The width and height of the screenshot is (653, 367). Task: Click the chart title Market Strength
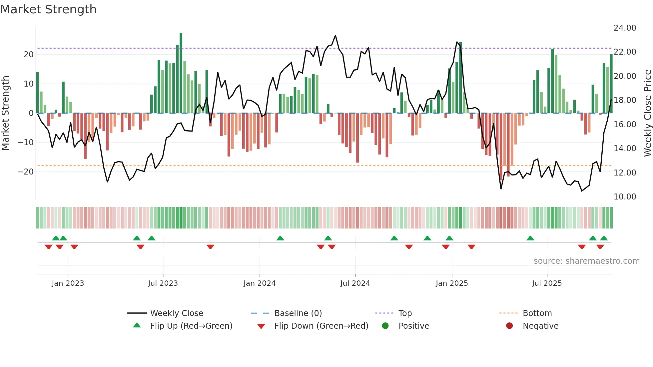pos(48,9)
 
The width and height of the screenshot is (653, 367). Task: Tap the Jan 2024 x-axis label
pos(260,283)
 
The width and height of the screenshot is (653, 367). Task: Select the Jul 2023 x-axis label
pos(163,283)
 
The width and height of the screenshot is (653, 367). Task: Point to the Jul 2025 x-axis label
pos(547,283)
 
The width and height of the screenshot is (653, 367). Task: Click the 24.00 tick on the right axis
pos(625,28)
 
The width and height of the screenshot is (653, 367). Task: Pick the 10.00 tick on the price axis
pos(625,197)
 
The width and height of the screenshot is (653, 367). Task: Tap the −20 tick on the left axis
pos(26,172)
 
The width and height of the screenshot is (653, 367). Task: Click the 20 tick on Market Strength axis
pos(29,55)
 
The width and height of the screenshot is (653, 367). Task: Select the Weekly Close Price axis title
pos(647,113)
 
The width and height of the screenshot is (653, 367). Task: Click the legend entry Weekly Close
pos(177,313)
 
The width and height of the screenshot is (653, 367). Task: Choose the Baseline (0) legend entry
pos(298,313)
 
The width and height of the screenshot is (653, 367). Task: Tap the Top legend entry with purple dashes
pos(405,313)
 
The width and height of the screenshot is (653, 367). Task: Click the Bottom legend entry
pos(537,313)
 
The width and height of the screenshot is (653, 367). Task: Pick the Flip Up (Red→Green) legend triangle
pos(137,325)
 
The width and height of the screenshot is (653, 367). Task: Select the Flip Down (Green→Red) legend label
pos(321,326)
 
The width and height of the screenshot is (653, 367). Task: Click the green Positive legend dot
pos(385,326)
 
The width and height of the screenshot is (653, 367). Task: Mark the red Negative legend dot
pos(509,326)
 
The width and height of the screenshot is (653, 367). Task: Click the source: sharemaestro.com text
pos(586,261)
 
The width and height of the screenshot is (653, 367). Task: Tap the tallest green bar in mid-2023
pos(181,73)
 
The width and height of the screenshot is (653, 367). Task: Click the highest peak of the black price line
pos(335,36)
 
